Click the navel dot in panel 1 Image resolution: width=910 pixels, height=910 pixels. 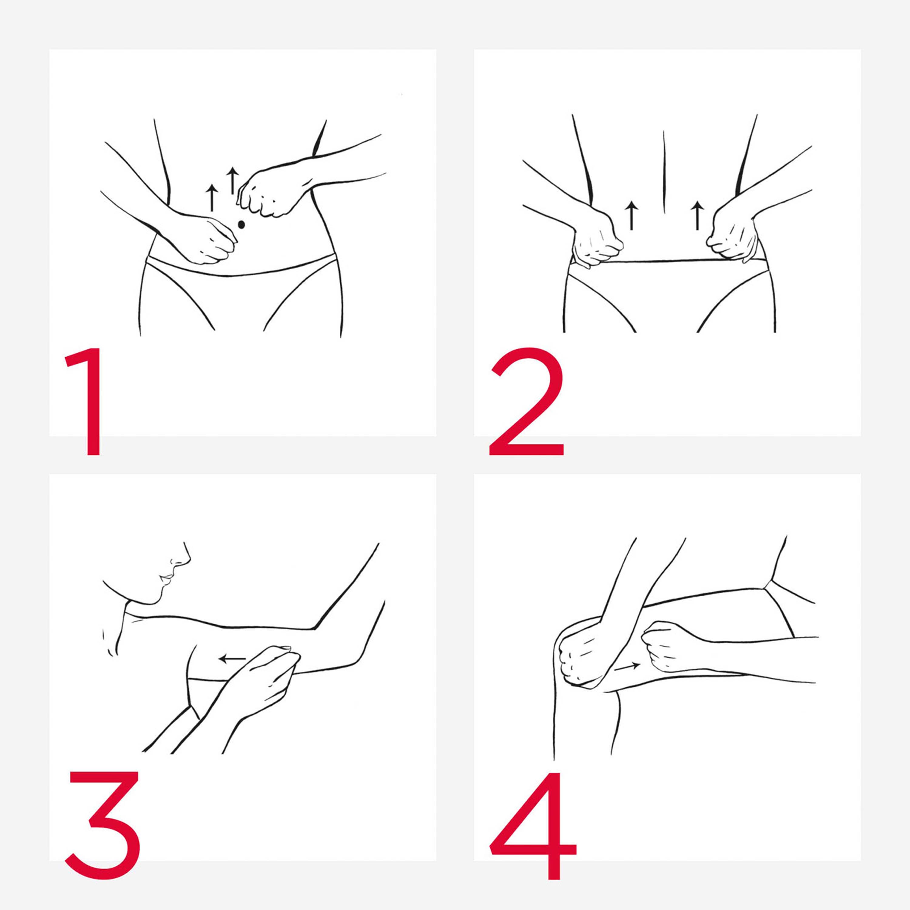tap(242, 225)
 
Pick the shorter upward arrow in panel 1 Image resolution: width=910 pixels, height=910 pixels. tap(212, 198)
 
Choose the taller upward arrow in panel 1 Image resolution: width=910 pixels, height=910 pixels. tap(232, 180)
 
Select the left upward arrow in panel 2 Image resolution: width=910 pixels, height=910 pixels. tap(631, 216)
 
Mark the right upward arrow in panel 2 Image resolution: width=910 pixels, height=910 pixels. tap(697, 216)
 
